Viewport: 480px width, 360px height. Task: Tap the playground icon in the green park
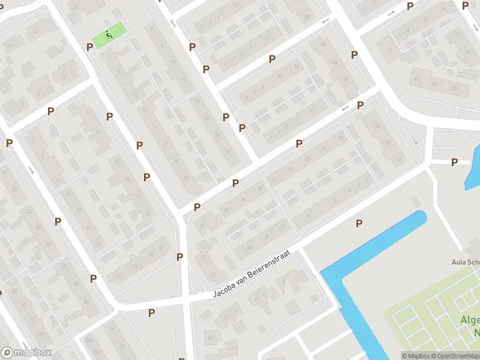(109, 34)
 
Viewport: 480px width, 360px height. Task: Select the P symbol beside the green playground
(90, 47)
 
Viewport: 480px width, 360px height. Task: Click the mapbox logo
(26, 353)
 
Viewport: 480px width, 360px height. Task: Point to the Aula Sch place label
(466, 262)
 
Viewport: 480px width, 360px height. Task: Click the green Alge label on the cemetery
(470, 319)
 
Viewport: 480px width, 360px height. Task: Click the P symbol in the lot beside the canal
(359, 224)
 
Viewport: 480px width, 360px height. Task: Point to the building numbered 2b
(226, 209)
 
